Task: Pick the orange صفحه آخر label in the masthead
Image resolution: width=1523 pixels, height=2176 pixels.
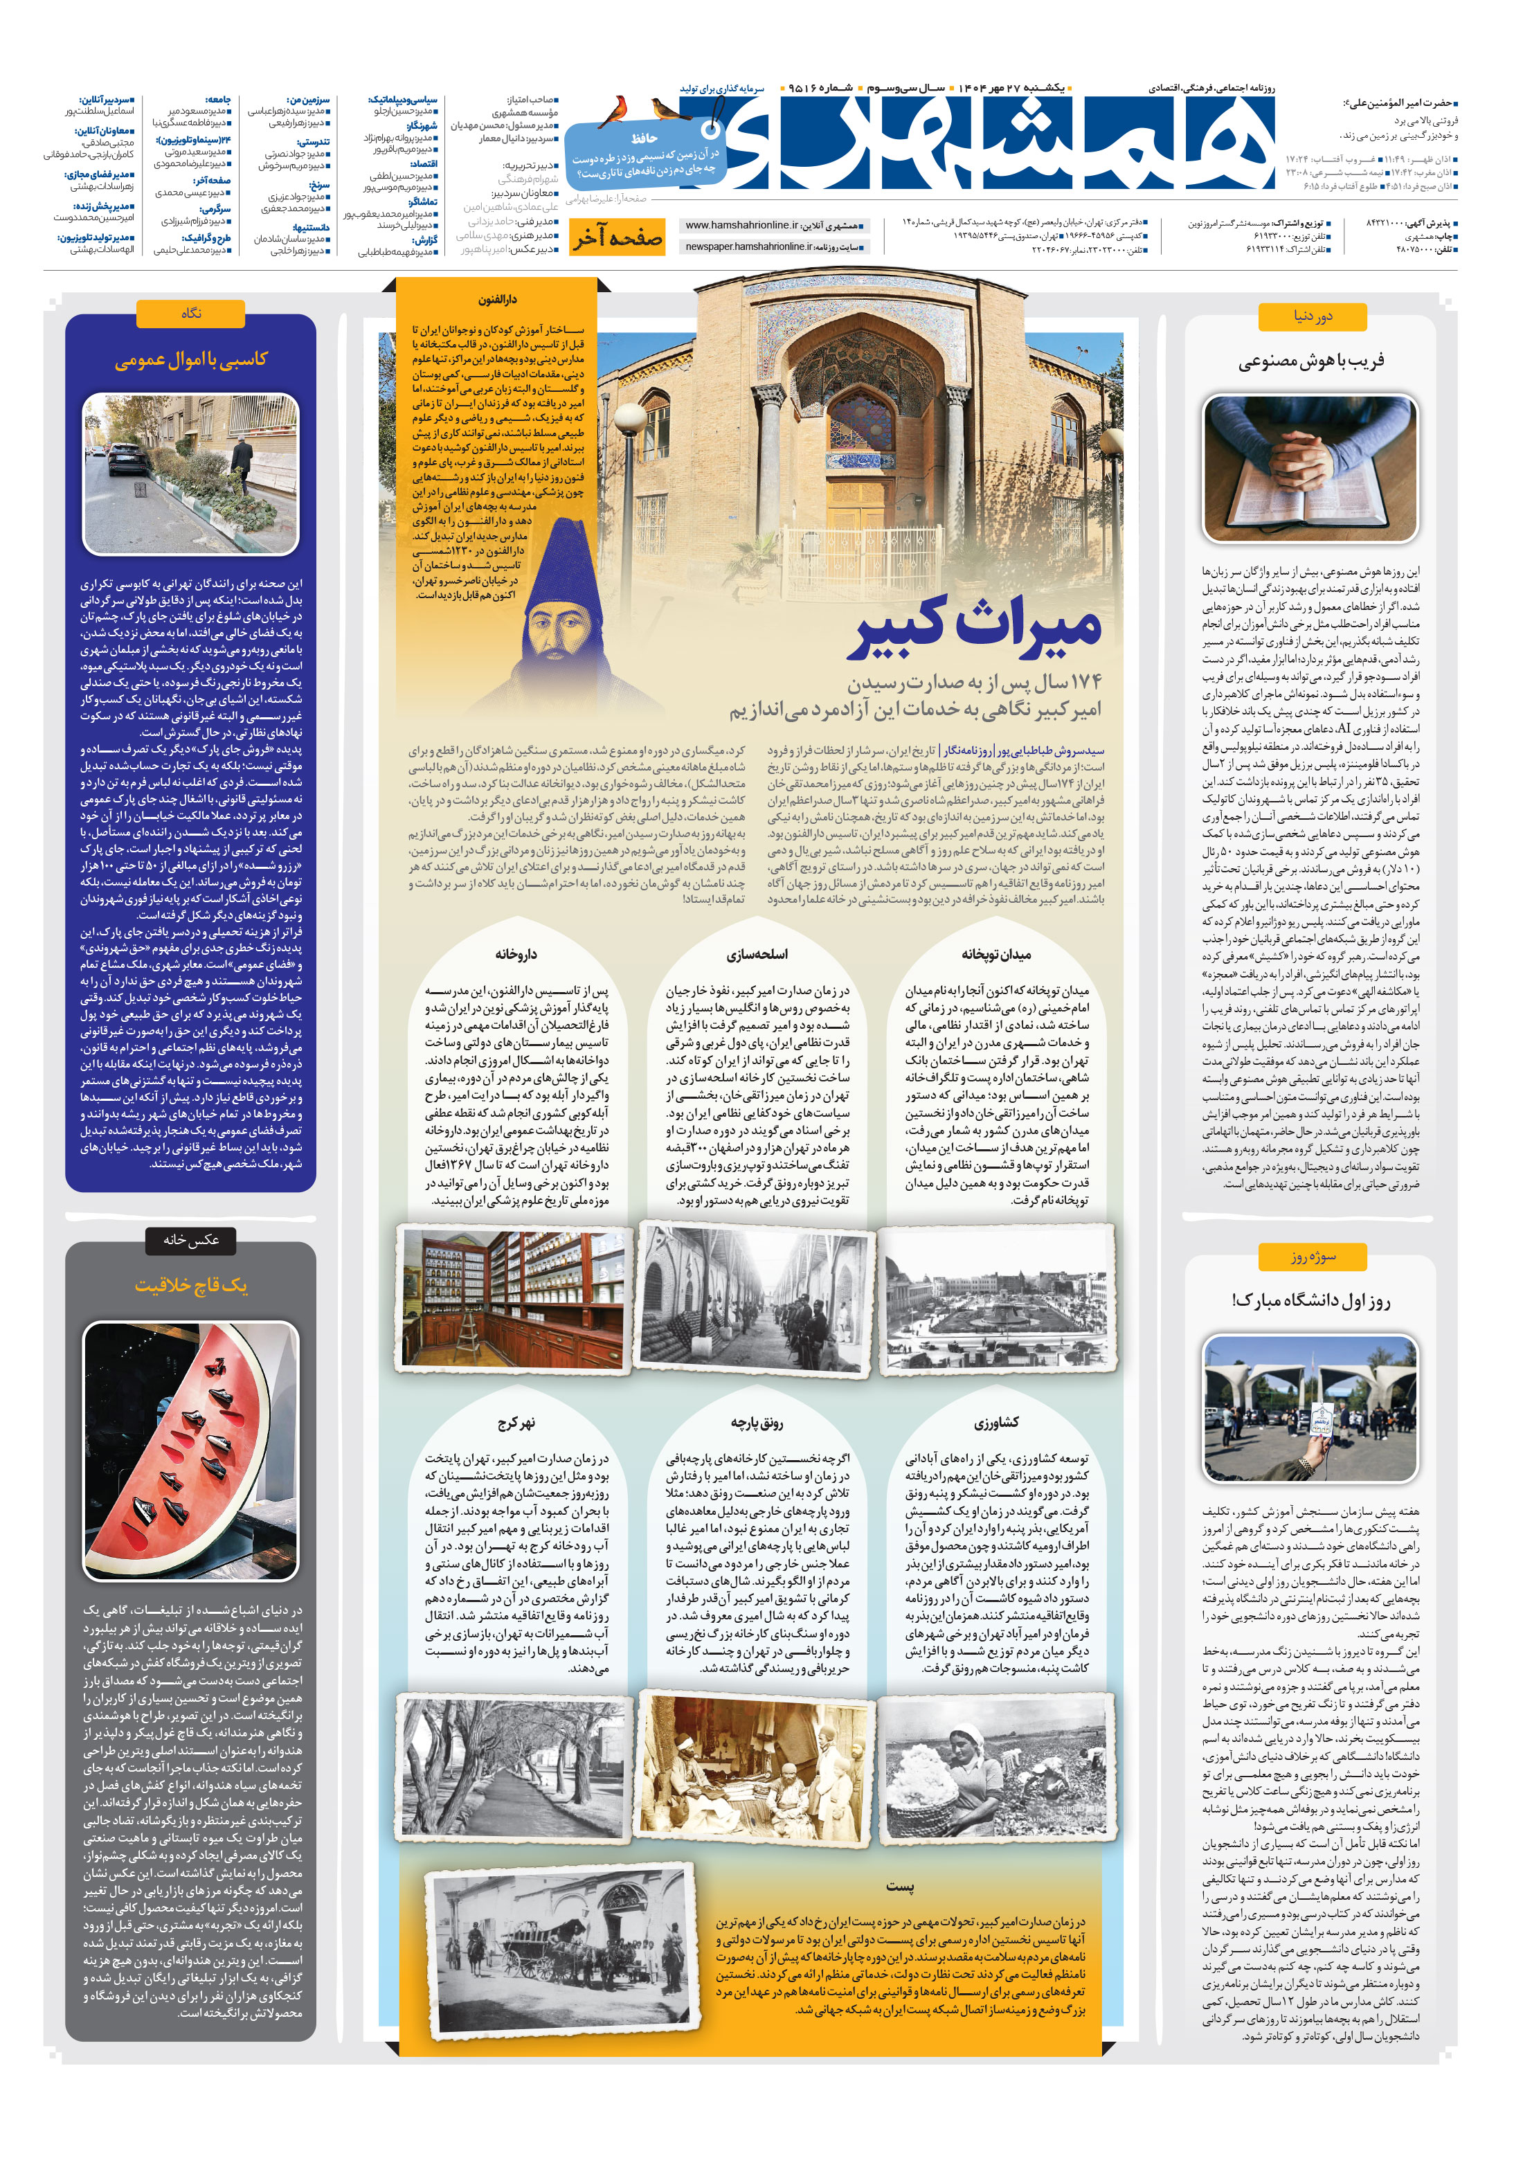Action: click(x=617, y=238)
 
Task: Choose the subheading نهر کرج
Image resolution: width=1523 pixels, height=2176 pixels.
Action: click(x=516, y=1423)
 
